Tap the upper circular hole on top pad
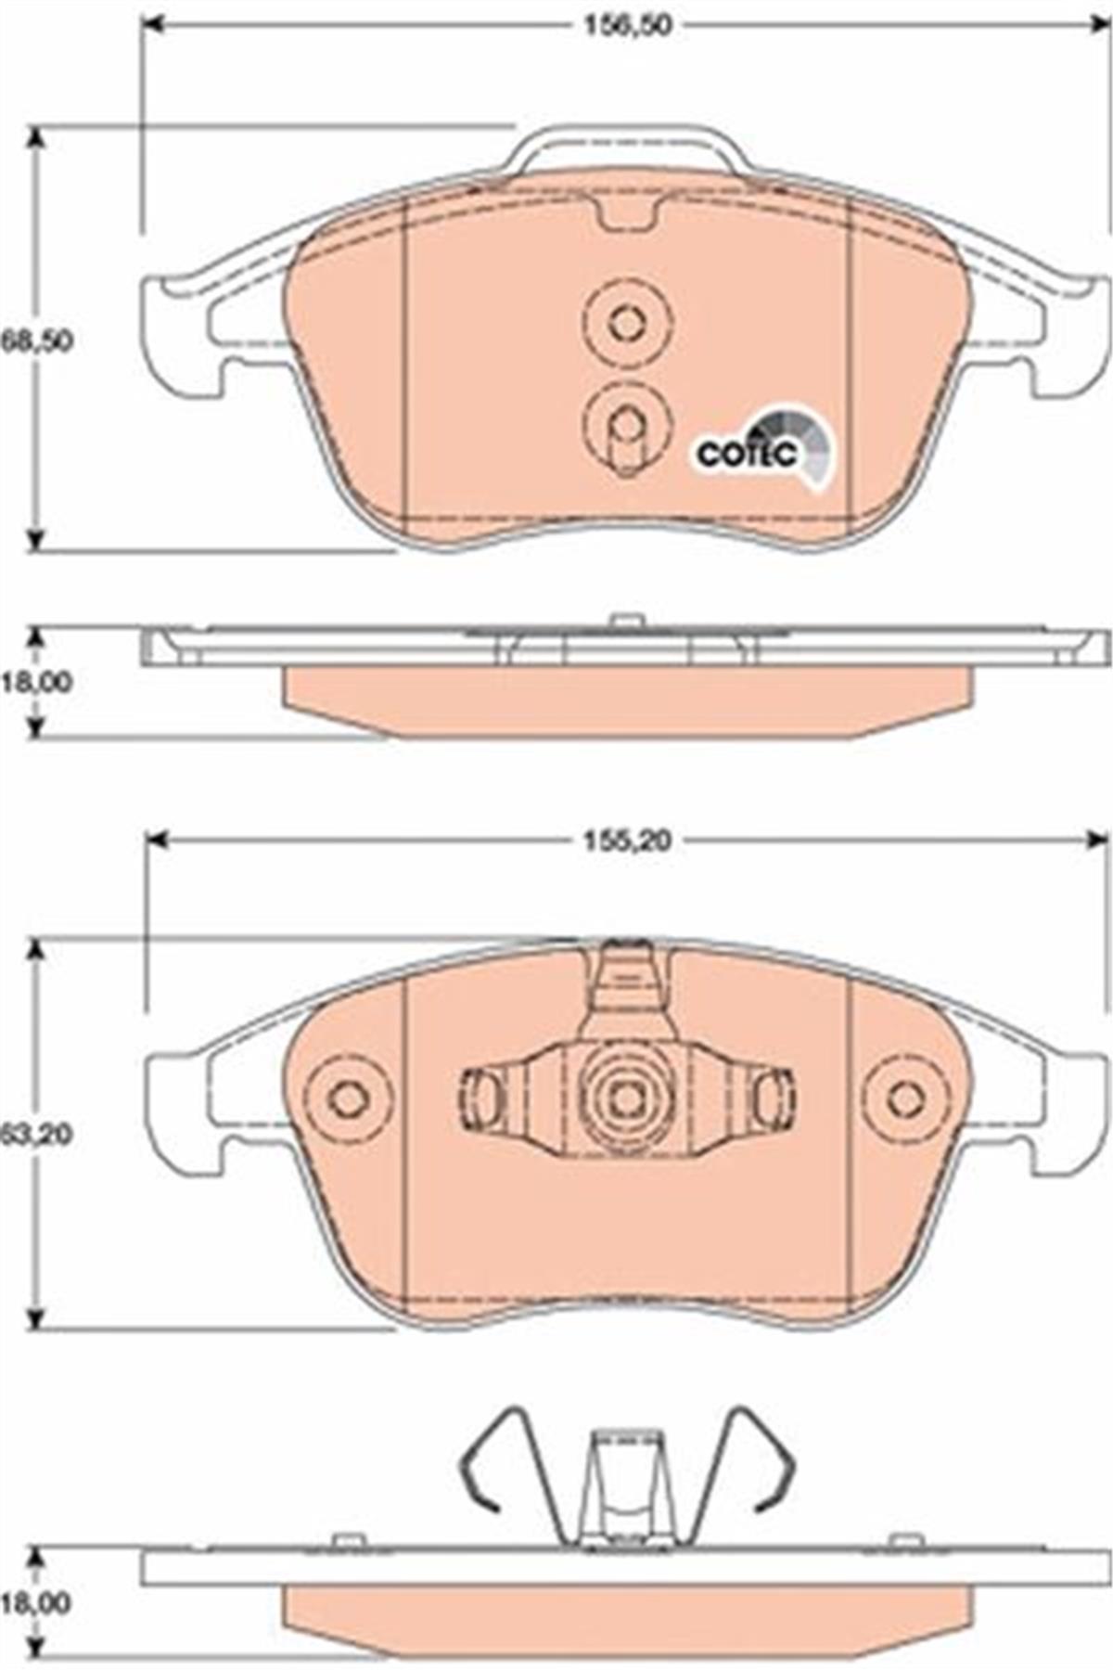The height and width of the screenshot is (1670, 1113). (x=627, y=323)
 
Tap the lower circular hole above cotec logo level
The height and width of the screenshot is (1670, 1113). (x=627, y=425)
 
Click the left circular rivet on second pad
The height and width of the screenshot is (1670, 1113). (x=349, y=1099)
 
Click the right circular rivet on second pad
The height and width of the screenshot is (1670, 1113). (x=904, y=1099)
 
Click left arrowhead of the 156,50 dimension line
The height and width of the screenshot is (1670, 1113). (x=154, y=25)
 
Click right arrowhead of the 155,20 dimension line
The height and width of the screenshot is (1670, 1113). (x=1096, y=841)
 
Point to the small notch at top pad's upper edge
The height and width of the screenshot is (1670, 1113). (x=627, y=216)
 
